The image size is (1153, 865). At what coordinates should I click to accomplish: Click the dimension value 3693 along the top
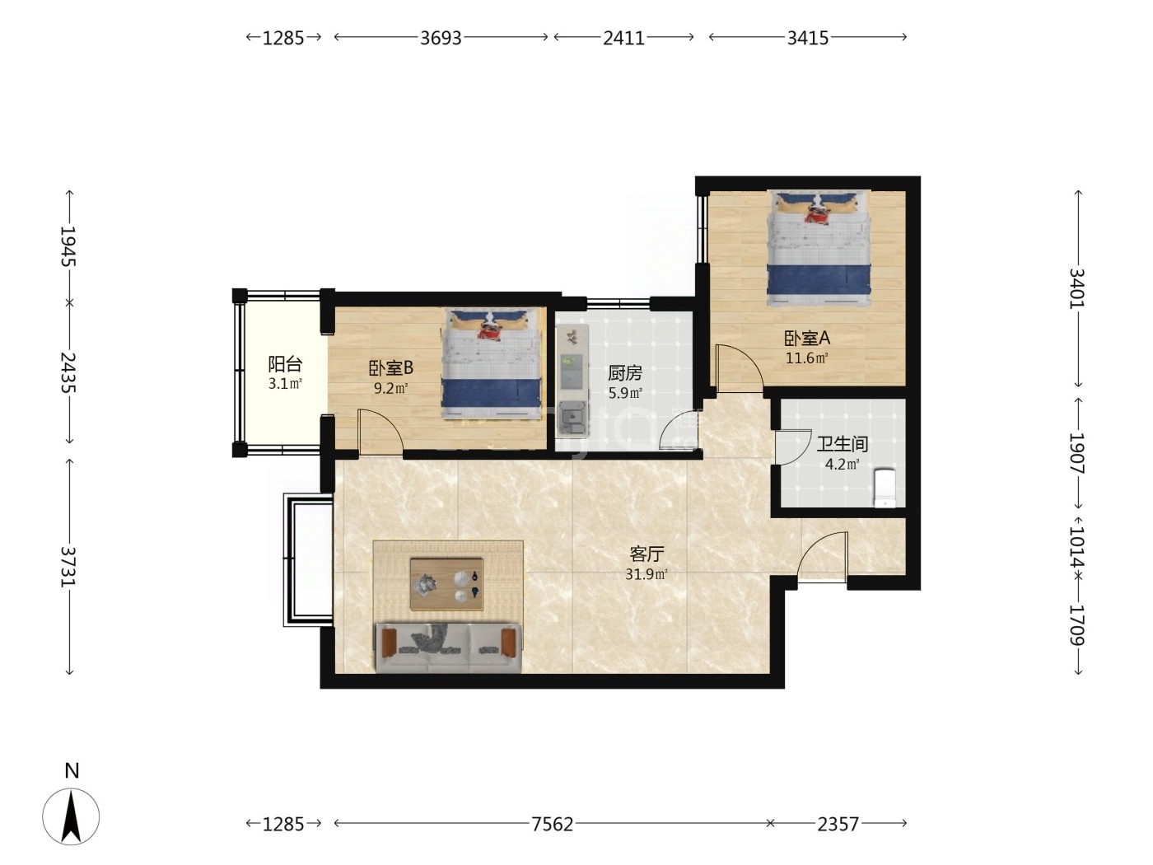point(440,38)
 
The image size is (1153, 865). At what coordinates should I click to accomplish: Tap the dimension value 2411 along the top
point(623,38)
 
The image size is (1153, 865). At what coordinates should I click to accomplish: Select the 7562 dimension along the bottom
point(552,824)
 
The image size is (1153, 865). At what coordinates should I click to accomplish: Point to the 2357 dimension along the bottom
point(838,824)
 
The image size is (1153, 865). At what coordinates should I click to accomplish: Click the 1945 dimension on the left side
point(68,246)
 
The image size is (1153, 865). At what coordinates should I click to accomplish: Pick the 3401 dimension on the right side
point(1077,288)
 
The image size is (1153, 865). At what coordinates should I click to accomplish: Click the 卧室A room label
point(807,339)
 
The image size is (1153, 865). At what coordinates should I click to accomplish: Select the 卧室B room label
point(390,368)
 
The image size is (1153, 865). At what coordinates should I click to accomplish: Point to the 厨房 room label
point(624,373)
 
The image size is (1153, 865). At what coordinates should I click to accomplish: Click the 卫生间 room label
point(842,444)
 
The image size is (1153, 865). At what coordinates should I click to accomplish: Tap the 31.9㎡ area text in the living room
point(647,574)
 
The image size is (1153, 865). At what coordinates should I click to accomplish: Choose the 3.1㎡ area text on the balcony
point(285,383)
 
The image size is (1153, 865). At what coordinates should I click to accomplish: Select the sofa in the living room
point(449,648)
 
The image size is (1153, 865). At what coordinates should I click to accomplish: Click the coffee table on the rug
point(446,584)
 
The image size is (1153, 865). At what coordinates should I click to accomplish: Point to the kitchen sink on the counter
point(572,417)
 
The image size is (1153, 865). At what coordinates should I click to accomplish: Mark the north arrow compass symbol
point(71,816)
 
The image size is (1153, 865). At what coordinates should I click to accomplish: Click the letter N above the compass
point(72,770)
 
